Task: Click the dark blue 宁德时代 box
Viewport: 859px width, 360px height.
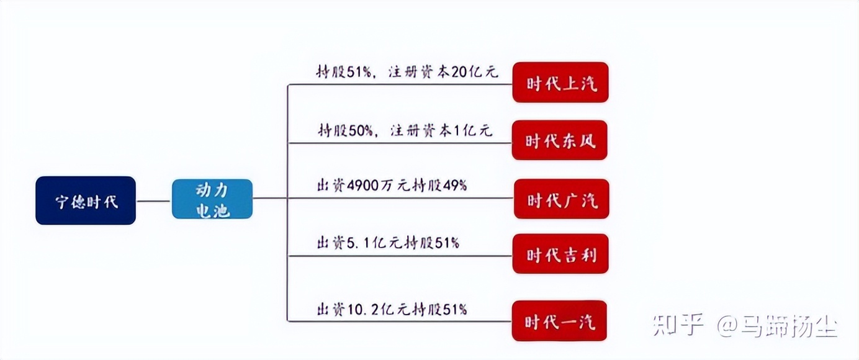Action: (x=86, y=200)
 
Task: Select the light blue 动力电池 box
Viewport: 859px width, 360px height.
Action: (x=212, y=199)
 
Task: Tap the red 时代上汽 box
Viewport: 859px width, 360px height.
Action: (x=560, y=83)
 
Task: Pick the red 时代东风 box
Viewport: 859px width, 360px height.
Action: (x=560, y=140)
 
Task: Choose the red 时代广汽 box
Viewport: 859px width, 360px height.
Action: (x=562, y=199)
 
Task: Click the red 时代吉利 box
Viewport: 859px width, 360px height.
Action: (x=560, y=254)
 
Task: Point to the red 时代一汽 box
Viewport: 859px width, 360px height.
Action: (x=560, y=321)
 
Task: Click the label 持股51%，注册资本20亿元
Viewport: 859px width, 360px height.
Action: (x=407, y=71)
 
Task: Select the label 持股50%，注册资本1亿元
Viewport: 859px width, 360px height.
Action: (x=405, y=130)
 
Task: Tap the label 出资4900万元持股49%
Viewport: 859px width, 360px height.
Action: (x=391, y=186)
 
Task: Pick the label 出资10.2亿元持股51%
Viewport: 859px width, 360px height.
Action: (x=392, y=308)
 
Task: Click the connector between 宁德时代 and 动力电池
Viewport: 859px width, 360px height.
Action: (x=153, y=200)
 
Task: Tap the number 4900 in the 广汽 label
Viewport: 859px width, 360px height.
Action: (x=362, y=186)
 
